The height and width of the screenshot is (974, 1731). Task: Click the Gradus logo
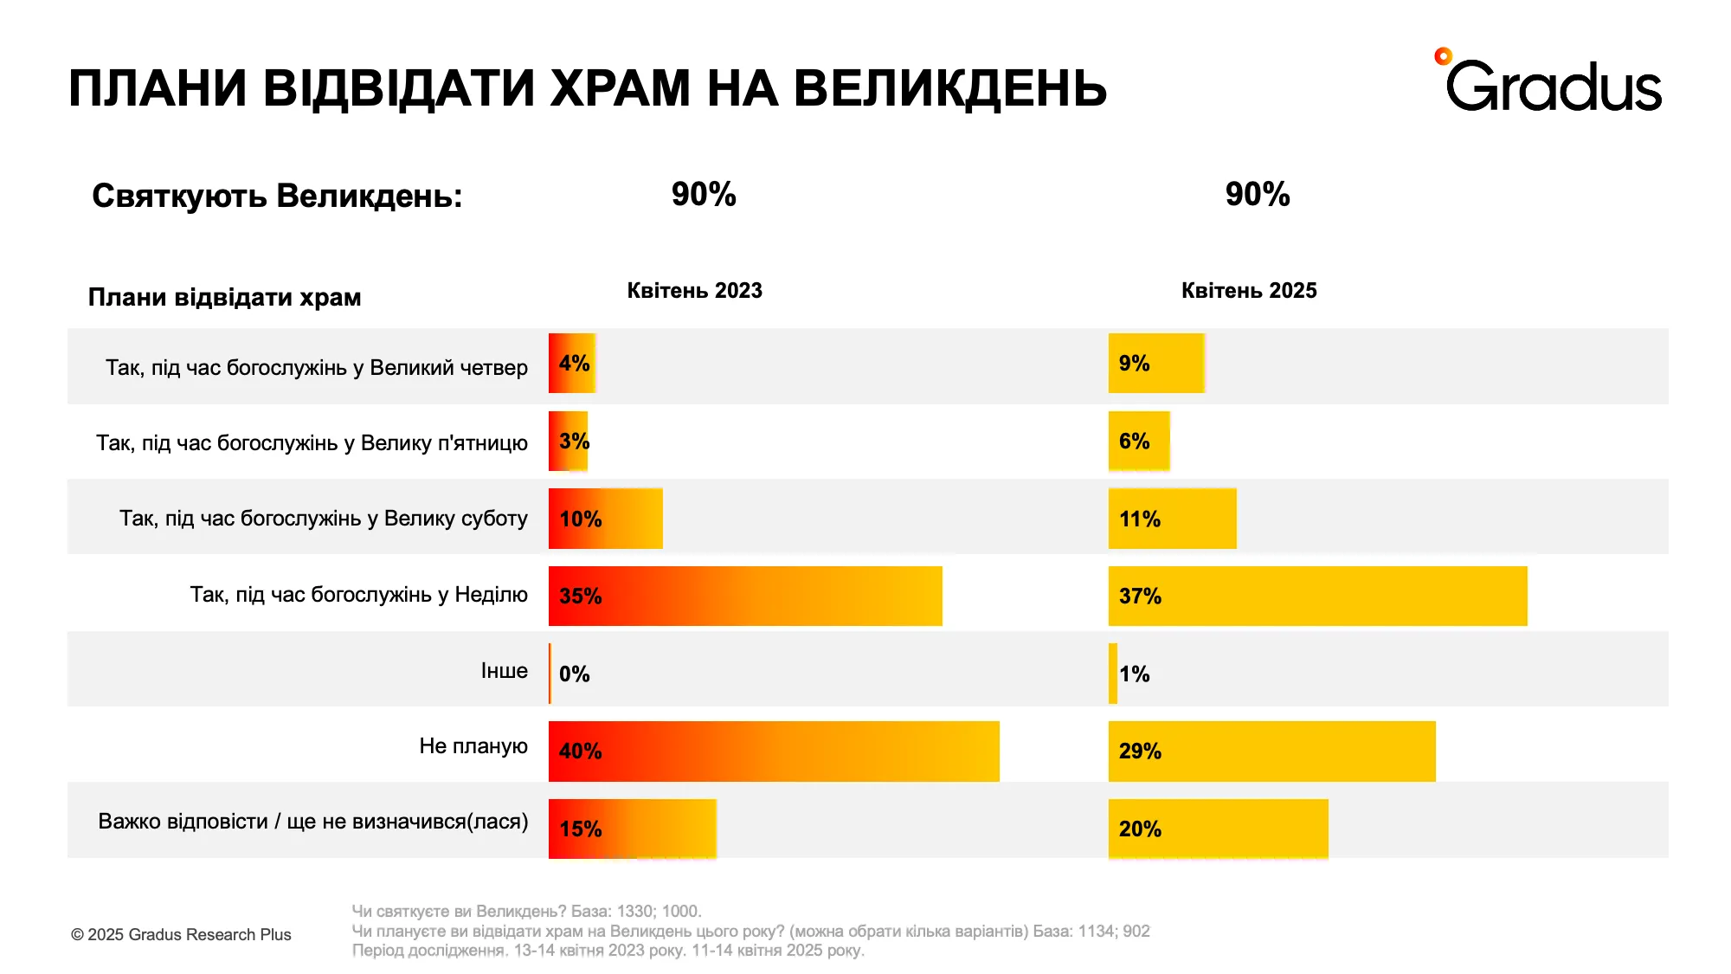(x=1549, y=83)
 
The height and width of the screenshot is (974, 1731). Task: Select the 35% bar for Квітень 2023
(x=744, y=596)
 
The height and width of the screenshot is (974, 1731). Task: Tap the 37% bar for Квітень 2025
(x=1317, y=596)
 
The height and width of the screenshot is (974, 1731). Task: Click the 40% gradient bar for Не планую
(x=773, y=751)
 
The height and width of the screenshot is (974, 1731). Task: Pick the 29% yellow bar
(x=1271, y=751)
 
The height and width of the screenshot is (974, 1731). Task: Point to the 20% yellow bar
(x=1218, y=829)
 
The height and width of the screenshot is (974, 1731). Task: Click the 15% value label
(x=580, y=829)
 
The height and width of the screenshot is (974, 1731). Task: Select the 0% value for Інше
(x=574, y=674)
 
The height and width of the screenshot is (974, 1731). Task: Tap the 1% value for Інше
(x=1134, y=674)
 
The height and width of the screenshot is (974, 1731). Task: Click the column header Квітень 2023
(x=694, y=291)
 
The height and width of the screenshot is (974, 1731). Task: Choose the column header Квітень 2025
(x=1248, y=291)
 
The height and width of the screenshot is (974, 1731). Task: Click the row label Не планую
(x=473, y=745)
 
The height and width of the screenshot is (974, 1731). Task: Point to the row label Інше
(x=504, y=670)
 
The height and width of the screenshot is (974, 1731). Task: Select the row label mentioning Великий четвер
(x=316, y=367)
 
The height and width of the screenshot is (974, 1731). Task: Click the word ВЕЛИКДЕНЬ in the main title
(x=949, y=88)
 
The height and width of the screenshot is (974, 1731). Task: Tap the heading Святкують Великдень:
(x=277, y=196)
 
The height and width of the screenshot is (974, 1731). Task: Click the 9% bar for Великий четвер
(x=1156, y=363)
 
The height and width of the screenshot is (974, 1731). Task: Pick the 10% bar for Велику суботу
(x=605, y=519)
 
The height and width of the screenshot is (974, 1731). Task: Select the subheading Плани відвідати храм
(x=224, y=297)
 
